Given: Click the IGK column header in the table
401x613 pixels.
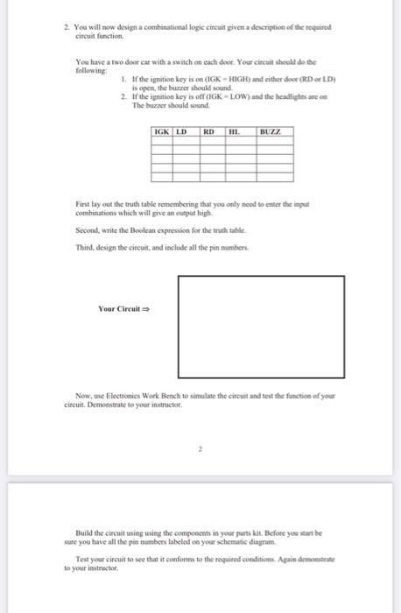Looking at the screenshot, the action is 162,132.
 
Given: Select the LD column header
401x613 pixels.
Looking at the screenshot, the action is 182,132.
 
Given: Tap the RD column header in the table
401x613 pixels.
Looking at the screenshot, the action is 210,132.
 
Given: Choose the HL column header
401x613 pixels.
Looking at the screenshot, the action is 233,132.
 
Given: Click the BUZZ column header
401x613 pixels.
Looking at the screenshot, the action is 270,132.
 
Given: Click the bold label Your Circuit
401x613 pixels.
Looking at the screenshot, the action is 123,307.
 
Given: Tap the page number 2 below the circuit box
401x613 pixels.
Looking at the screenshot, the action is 200,448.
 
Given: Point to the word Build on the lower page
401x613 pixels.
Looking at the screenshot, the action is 85,532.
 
